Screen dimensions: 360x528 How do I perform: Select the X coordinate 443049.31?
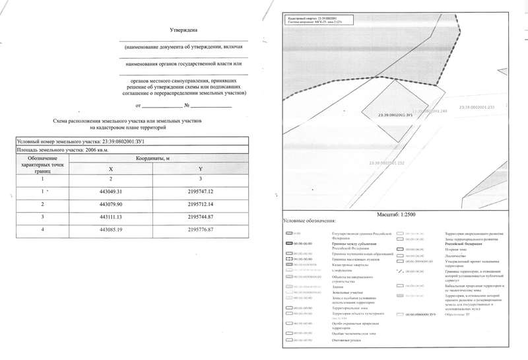pos(111,192)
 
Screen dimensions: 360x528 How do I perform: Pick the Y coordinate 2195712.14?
pos(201,204)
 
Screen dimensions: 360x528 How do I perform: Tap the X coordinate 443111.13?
pos(111,217)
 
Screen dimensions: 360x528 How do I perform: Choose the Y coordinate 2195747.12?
pos(201,192)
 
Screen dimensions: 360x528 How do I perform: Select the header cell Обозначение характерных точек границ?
pos(42,164)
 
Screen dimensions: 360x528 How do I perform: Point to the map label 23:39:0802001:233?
pos(475,106)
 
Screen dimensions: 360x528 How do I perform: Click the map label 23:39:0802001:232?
pos(386,162)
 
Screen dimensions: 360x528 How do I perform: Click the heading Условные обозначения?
pos(309,221)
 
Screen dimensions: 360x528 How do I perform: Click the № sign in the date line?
pos(187,106)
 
